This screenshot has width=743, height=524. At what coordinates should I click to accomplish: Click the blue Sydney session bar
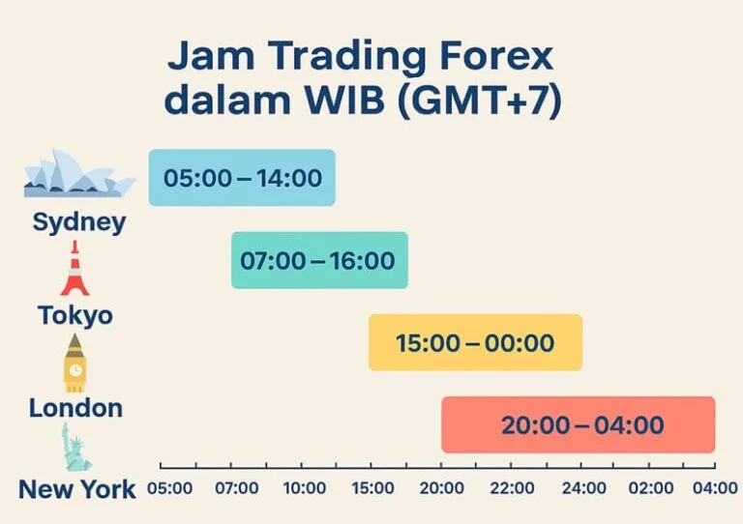tap(242, 178)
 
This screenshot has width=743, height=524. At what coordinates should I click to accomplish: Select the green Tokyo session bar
tap(319, 260)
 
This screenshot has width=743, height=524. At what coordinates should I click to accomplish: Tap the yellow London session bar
tap(475, 342)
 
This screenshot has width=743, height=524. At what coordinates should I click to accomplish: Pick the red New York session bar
tap(579, 424)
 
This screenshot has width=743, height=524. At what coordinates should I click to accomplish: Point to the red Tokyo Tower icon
tap(74, 269)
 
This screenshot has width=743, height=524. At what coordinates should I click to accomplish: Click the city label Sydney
tap(79, 222)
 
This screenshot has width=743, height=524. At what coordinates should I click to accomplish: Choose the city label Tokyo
tap(75, 315)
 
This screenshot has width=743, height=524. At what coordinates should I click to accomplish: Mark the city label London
tap(75, 408)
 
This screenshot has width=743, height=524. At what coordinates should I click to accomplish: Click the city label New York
tap(77, 489)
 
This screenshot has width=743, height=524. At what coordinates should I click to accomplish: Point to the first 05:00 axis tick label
tap(169, 489)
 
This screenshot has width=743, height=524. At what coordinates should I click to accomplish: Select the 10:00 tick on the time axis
tap(305, 489)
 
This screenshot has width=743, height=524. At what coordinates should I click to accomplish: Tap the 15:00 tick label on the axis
tap(373, 489)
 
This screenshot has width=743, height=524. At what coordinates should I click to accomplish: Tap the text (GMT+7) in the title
tap(479, 102)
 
